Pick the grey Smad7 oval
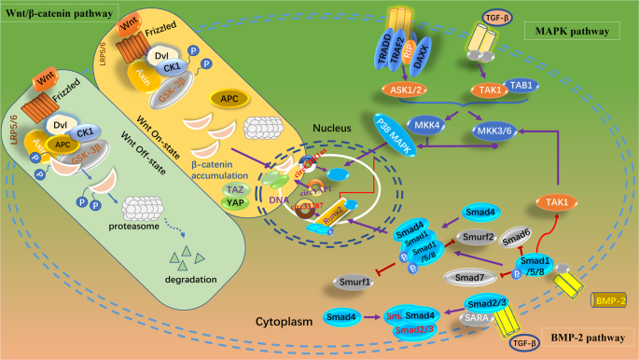(x=482, y=277)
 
